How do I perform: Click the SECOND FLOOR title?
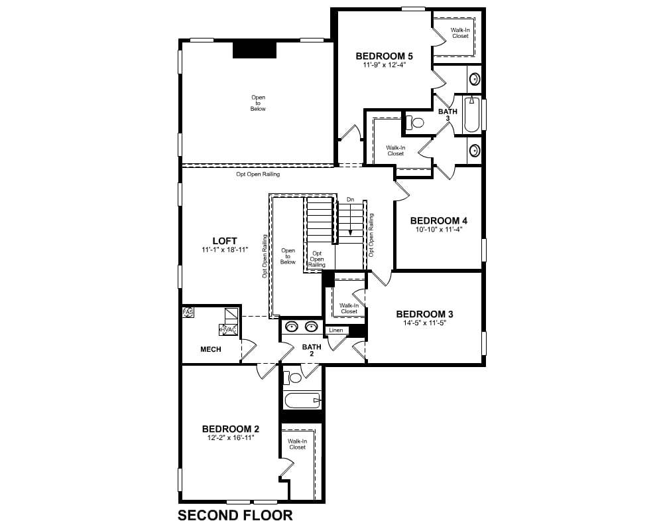pyautogui.click(x=235, y=515)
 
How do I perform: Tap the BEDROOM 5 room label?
pyautogui.click(x=384, y=56)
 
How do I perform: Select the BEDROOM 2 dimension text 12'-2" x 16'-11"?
pyautogui.click(x=231, y=438)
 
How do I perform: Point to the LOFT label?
pyautogui.click(x=225, y=241)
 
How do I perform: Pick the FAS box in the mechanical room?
pyautogui.click(x=188, y=312)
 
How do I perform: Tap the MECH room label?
pyautogui.click(x=211, y=349)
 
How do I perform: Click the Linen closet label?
pyautogui.click(x=336, y=331)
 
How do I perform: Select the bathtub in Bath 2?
pyautogui.click(x=302, y=400)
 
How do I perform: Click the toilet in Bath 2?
pyautogui.click(x=292, y=377)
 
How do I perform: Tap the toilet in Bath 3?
pyautogui.click(x=414, y=123)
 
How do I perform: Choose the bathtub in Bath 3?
pyautogui.click(x=471, y=114)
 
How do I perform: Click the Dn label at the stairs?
pyautogui.click(x=350, y=199)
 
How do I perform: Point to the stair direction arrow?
pyautogui.click(x=351, y=219)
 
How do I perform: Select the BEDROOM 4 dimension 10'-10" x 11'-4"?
pyautogui.click(x=439, y=230)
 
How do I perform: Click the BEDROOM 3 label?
pyautogui.click(x=424, y=314)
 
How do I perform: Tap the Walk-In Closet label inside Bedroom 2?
pyautogui.click(x=297, y=444)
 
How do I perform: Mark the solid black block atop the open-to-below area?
pyautogui.click(x=255, y=50)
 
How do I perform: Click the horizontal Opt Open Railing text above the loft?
pyautogui.click(x=258, y=174)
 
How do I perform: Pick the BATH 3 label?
pyautogui.click(x=448, y=115)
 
